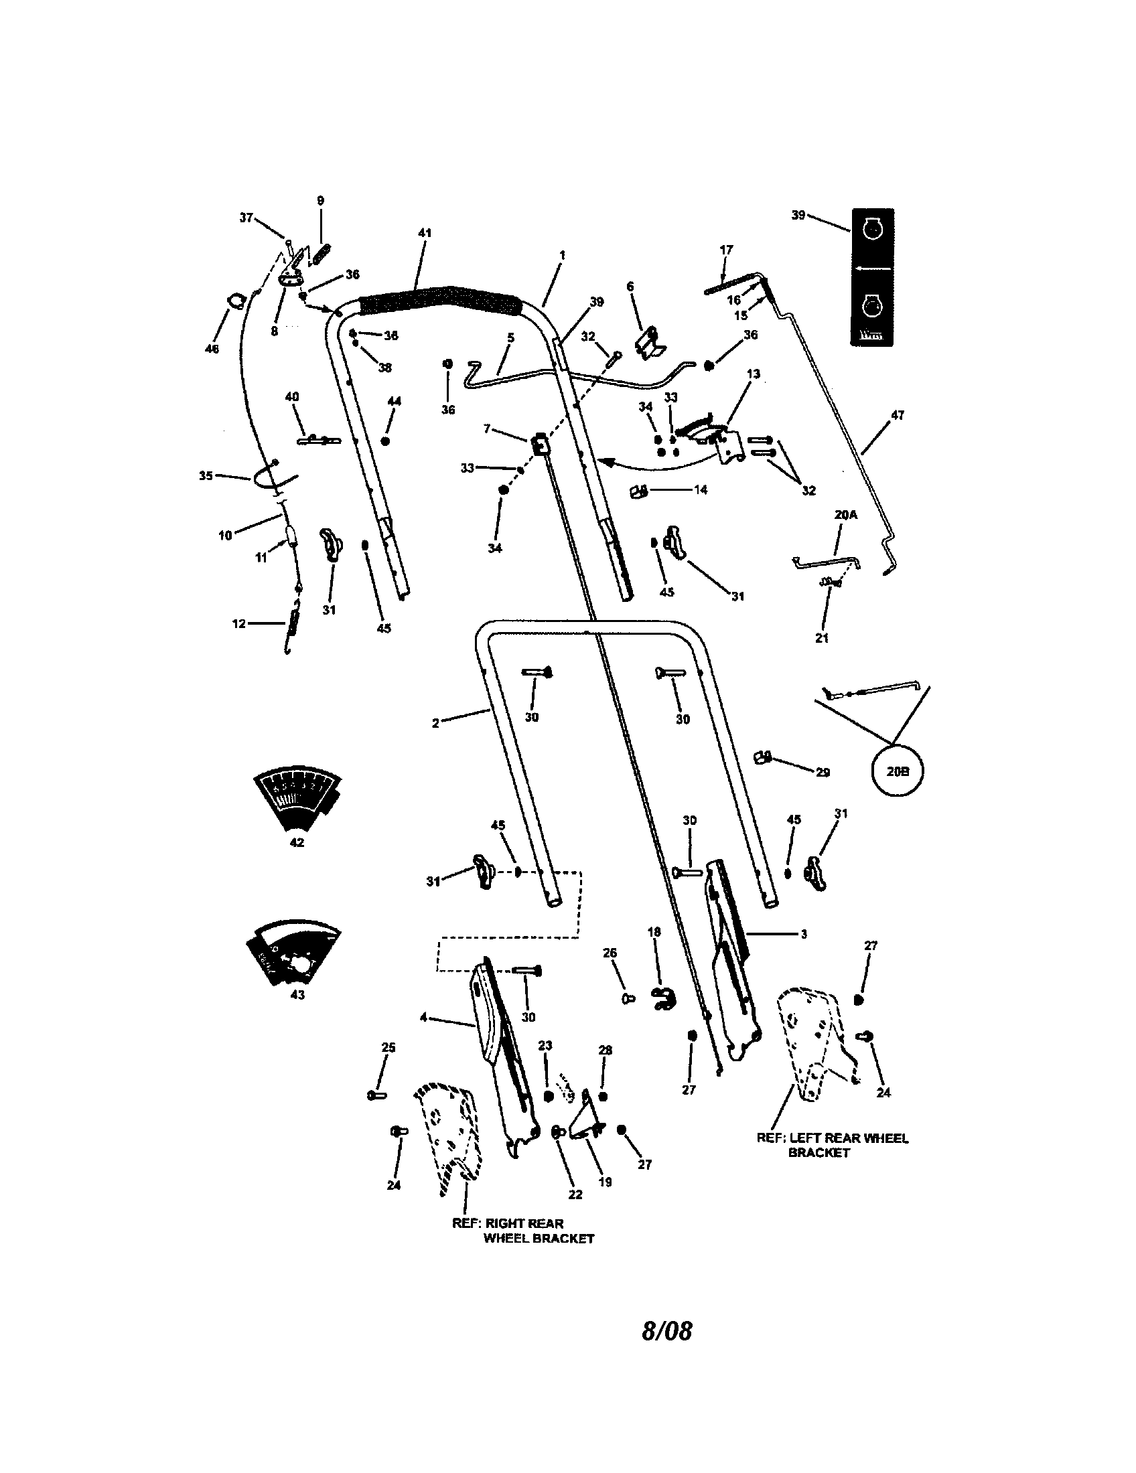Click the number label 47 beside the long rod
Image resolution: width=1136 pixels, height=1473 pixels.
tap(897, 416)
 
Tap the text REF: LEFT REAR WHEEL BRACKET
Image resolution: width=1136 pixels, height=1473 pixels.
tap(832, 1144)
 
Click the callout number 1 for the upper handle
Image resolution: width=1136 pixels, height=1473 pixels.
tap(562, 255)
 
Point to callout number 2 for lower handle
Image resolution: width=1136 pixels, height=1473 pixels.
tap(436, 723)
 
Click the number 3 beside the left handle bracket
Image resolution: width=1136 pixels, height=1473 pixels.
tap(803, 934)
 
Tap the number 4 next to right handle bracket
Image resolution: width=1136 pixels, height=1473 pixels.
tap(423, 1018)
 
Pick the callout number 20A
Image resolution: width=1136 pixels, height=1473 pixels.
tap(846, 515)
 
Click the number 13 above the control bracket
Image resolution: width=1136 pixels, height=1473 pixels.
tap(754, 374)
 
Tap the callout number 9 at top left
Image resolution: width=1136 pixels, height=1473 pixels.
tap(320, 201)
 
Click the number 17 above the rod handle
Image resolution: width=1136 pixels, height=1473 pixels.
tap(726, 250)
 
